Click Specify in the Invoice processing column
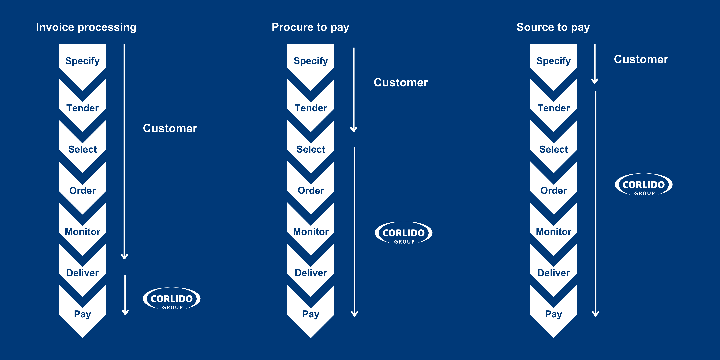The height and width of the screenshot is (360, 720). click(x=82, y=61)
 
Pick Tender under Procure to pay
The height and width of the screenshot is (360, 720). click(x=311, y=108)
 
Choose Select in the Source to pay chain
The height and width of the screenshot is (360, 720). click(x=553, y=149)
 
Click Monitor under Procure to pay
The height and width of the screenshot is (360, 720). click(x=311, y=232)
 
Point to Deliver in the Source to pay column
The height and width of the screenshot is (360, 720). click(x=553, y=273)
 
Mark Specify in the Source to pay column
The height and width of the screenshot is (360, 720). click(x=553, y=61)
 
